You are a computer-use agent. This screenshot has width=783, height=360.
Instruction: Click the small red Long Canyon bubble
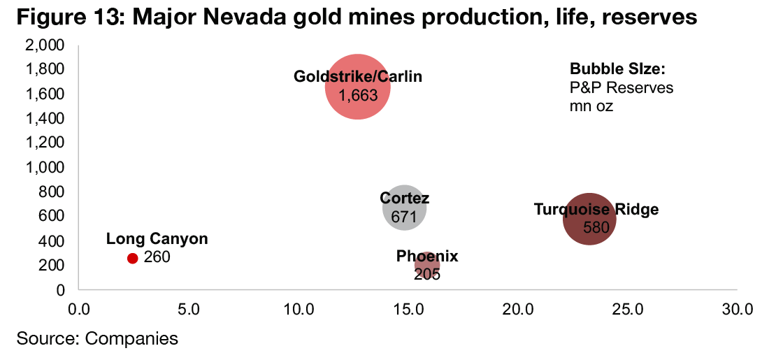tap(132, 258)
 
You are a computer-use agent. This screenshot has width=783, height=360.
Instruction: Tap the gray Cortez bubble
tap(405, 207)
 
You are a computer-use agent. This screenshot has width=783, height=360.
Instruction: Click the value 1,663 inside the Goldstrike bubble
tap(358, 95)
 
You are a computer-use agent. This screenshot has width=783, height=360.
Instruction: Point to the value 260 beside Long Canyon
tap(157, 257)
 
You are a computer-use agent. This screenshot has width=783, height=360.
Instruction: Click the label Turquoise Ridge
tap(596, 209)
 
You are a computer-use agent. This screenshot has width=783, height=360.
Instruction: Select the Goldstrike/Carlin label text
tap(358, 77)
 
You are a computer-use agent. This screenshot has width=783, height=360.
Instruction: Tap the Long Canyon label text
tap(157, 239)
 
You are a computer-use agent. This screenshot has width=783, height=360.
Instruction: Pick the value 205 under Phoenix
tap(426, 275)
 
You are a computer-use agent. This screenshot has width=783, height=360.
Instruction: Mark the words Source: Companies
tap(97, 339)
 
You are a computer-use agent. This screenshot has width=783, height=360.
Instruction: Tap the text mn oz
tap(591, 106)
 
